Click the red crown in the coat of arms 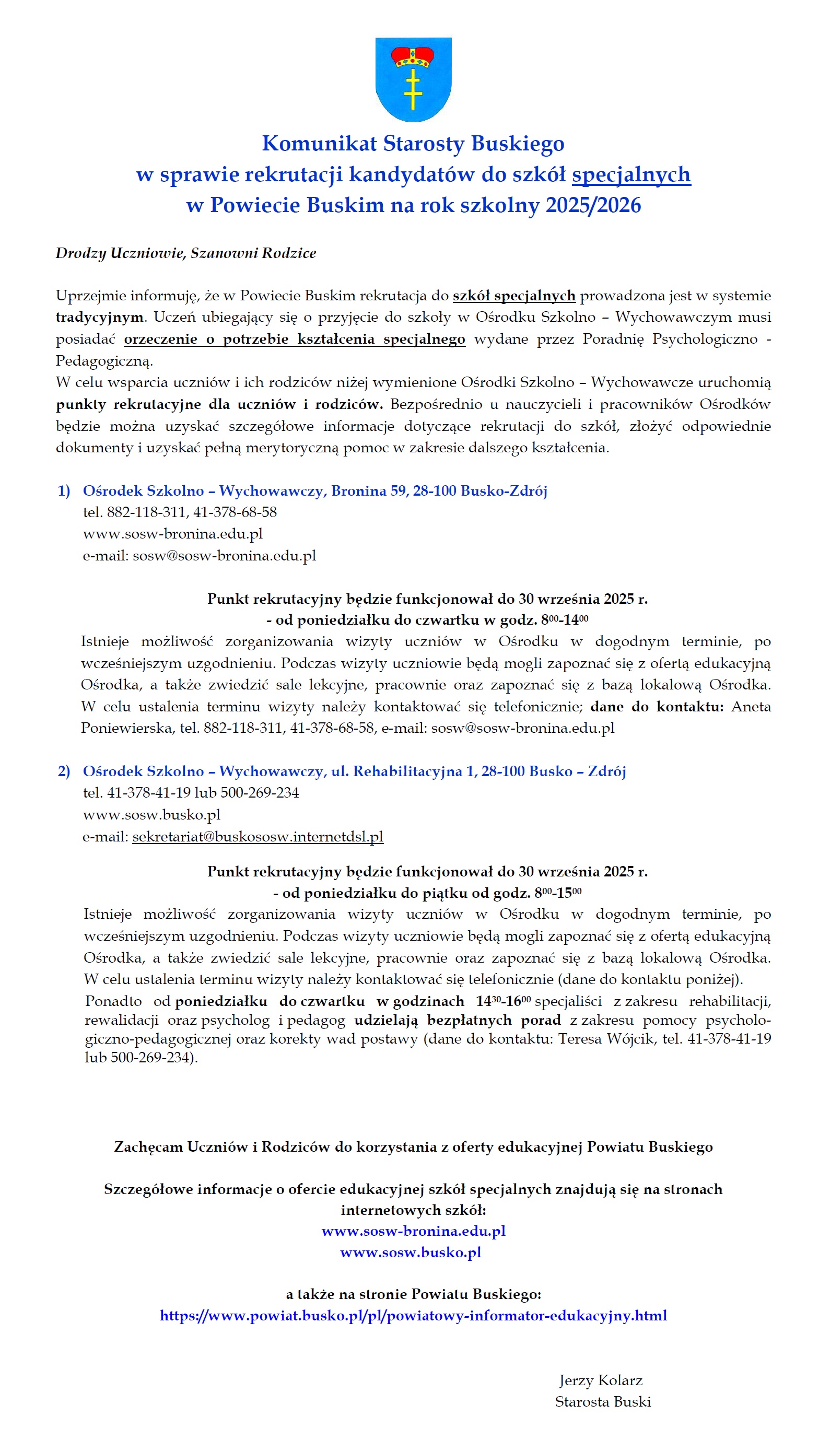point(413,56)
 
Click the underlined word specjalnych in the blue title point(630,174)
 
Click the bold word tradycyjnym point(99,317)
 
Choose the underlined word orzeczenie point(160,339)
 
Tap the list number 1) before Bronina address point(64,490)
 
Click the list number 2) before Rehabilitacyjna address point(64,771)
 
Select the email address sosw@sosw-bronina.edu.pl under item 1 point(224,556)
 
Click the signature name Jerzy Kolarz point(600,1380)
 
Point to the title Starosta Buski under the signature point(602,1402)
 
